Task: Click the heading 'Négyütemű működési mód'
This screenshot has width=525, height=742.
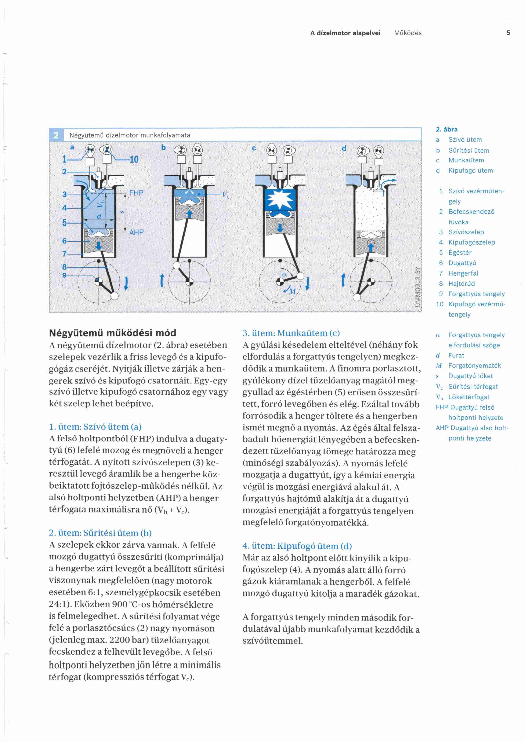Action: click(x=112, y=333)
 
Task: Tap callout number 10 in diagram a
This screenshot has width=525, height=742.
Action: click(x=134, y=159)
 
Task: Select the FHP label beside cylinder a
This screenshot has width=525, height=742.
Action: click(x=136, y=193)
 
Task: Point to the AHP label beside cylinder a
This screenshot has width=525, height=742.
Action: click(x=136, y=232)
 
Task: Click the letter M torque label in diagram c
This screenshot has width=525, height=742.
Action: click(x=292, y=291)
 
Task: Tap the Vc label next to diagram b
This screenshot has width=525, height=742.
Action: click(x=225, y=195)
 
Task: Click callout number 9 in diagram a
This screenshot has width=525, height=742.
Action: click(x=64, y=275)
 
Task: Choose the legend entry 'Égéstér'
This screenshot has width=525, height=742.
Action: click(x=460, y=252)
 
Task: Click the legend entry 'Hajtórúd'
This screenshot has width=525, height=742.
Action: click(x=461, y=284)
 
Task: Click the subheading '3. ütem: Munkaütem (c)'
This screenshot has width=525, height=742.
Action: click(x=291, y=333)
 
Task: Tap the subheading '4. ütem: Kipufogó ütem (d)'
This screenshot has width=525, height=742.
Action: click(x=297, y=546)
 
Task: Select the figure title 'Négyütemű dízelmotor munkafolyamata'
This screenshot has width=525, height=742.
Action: click(x=130, y=135)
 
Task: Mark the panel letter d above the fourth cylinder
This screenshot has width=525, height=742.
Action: click(x=344, y=148)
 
